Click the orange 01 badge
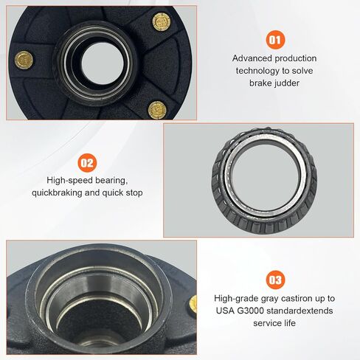coord(275,40)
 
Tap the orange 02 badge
coord(87,162)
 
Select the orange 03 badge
coord(275,280)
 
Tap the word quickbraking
coord(57,193)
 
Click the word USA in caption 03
coord(225,311)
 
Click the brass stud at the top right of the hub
coord(162,22)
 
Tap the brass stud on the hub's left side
coord(24,60)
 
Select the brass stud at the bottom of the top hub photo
coord(157,110)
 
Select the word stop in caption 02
coord(134,193)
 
